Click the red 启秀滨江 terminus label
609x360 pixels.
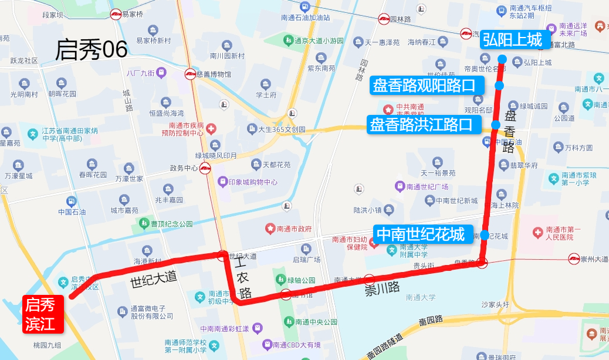pyautogui.click(x=42, y=314)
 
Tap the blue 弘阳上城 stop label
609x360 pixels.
pyautogui.click(x=512, y=40)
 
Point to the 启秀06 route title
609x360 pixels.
pyautogui.click(x=91, y=50)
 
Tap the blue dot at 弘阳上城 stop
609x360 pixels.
pyautogui.click(x=503, y=59)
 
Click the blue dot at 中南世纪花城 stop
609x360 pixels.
pyautogui.click(x=485, y=236)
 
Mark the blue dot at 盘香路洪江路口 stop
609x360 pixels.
pyautogui.click(x=496, y=125)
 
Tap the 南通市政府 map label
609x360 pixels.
pyautogui.click(x=294, y=229)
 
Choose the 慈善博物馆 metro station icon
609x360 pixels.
pyautogui.click(x=191, y=74)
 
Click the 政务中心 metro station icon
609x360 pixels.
pyautogui.click(x=205, y=169)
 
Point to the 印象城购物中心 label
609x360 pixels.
pyautogui.click(x=253, y=182)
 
